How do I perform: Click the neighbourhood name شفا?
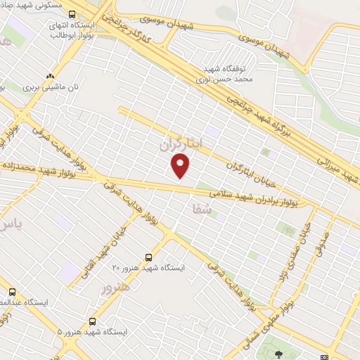(200, 208)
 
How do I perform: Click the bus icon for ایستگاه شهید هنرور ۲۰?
(148, 257)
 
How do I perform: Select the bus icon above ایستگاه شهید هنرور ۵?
(93, 321)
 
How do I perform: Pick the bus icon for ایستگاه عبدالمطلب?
(12, 292)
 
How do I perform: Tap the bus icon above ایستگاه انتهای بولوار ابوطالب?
(73, 14)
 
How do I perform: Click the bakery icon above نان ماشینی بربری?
(49, 77)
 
